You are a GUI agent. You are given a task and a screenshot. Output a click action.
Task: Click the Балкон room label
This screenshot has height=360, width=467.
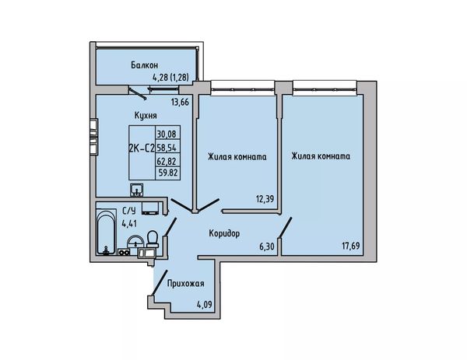tap(145, 65)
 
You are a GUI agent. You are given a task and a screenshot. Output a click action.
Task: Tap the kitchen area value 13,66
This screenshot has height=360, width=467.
tap(180, 103)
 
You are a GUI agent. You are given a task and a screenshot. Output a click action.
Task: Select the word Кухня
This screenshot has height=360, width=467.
tap(146, 115)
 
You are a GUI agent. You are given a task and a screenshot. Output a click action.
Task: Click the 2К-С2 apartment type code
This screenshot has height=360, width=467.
tap(142, 148)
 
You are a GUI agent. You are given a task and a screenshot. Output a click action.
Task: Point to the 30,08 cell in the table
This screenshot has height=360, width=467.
tap(167, 134)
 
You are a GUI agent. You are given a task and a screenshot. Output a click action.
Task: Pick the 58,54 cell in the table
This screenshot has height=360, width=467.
tap(167, 147)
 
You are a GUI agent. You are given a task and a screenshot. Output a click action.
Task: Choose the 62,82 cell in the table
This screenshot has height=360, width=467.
tap(167, 161)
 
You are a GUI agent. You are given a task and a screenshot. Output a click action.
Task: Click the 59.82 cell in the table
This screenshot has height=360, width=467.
tap(168, 173)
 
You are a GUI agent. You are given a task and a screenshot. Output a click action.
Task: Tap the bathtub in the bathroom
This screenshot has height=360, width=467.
tap(106, 232)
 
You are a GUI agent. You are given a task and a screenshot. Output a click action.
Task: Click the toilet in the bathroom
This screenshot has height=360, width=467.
tap(153, 239)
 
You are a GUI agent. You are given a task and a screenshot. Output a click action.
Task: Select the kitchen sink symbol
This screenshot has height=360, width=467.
tap(136, 190)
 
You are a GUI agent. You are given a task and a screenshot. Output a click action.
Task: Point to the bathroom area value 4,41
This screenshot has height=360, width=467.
tap(129, 223)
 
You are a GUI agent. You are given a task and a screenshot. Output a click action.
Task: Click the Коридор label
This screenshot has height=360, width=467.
tap(224, 233)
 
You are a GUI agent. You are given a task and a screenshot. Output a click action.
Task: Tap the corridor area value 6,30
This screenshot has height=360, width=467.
tap(266, 246)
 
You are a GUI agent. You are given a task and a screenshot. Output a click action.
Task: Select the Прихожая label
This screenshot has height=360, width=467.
tap(185, 284)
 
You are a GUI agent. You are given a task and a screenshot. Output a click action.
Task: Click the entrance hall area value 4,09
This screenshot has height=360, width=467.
tap(205, 305)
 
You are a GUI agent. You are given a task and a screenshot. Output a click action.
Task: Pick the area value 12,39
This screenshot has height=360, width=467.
tap(265, 198)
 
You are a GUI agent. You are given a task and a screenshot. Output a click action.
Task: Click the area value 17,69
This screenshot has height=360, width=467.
tap(350, 246)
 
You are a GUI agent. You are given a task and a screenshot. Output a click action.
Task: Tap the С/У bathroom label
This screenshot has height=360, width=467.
tap(129, 211)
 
